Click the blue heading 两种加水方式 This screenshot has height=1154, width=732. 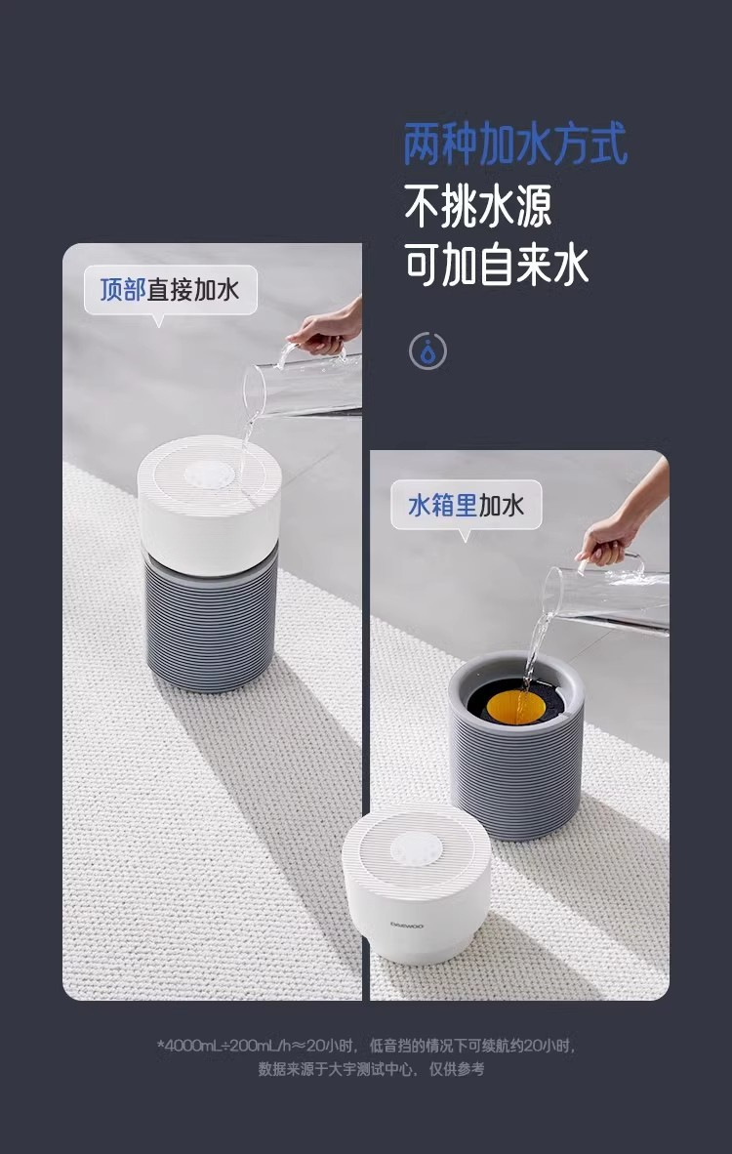point(515,144)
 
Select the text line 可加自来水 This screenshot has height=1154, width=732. point(497,265)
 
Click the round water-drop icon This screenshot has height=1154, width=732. point(427,351)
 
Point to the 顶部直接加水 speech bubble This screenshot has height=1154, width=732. point(170,291)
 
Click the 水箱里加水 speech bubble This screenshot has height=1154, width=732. point(466,506)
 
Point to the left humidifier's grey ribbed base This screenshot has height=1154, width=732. point(212,622)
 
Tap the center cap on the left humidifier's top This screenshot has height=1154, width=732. point(210,474)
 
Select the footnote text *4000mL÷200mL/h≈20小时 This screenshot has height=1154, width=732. point(258,1046)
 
